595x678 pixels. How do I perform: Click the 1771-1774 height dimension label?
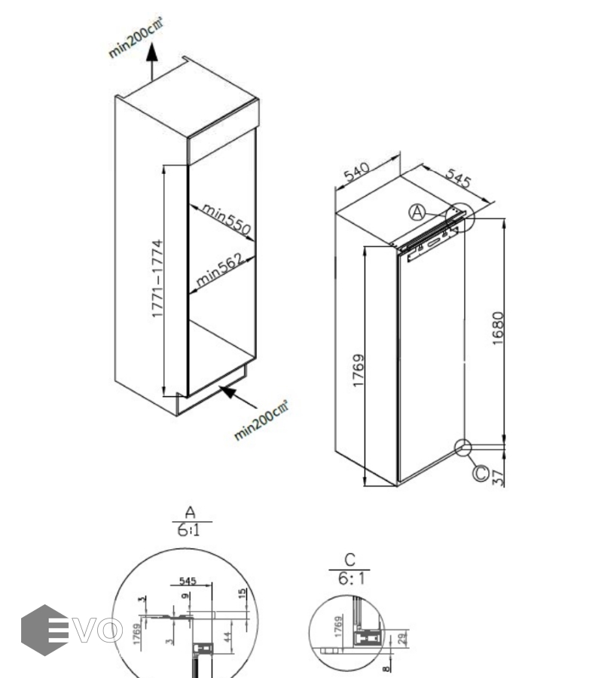pyautogui.click(x=157, y=278)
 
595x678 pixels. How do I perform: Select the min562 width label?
pyautogui.click(x=219, y=271)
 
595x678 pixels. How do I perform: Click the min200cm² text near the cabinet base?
pyautogui.click(x=261, y=420)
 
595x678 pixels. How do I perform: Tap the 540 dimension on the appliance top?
pyautogui.click(x=358, y=175)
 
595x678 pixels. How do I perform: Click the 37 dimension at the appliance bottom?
pyautogui.click(x=498, y=476)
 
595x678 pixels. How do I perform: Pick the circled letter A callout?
pyautogui.click(x=418, y=212)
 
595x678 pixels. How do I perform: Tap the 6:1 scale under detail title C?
pyautogui.click(x=349, y=579)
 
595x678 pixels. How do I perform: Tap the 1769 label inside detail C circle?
pyautogui.click(x=338, y=626)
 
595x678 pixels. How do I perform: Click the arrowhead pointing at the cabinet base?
pyautogui.click(x=226, y=390)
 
